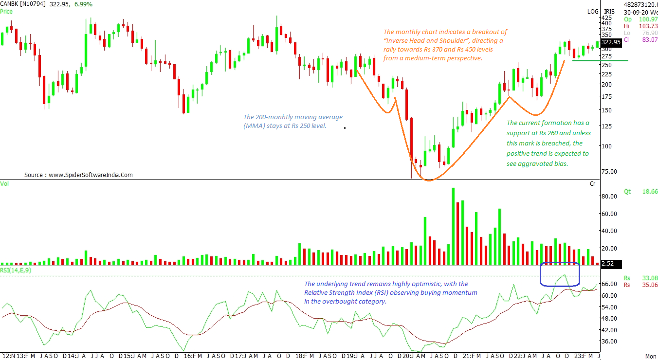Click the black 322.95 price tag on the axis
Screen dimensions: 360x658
click(611, 42)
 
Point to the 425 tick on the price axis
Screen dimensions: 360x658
click(606, 18)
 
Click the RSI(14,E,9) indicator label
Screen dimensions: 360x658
click(16, 270)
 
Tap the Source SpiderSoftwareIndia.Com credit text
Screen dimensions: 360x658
click(78, 175)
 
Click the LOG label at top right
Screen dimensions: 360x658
click(593, 12)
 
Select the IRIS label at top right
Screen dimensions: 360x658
click(609, 12)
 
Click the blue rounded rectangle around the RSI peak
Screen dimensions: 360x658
click(560, 274)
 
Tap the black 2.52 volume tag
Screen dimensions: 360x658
click(608, 264)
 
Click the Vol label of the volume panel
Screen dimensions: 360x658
click(4, 184)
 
